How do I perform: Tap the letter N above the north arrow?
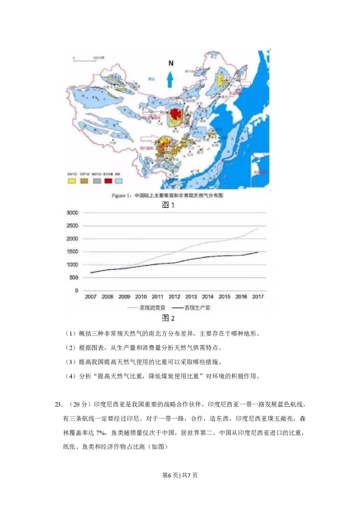coord(171,63)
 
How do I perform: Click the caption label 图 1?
coord(168,205)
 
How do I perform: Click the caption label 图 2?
coord(168,318)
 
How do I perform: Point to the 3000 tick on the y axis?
coord(72,213)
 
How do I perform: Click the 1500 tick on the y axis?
coord(72,252)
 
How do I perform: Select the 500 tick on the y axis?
coord(74,278)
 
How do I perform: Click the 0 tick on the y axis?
coord(76,291)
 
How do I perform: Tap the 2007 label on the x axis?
coord(90,297)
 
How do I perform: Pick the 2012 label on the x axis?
coord(174,297)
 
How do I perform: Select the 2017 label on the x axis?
coord(258,297)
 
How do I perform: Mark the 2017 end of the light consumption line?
coord(258,228)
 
